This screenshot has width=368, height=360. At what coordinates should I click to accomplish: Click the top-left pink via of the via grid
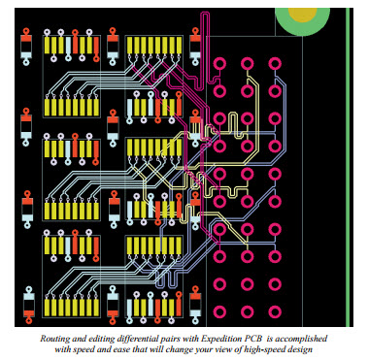coord(220,65)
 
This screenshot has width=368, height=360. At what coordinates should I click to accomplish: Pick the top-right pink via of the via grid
coord(275,65)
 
